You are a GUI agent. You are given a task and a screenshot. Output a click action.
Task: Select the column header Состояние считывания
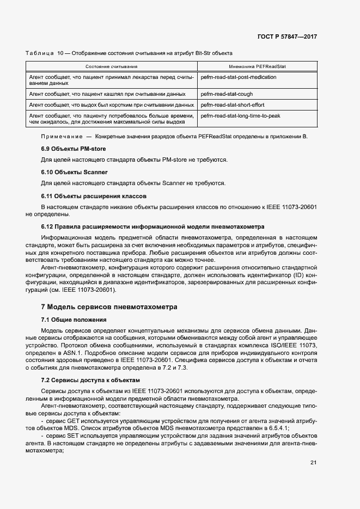point(111,66)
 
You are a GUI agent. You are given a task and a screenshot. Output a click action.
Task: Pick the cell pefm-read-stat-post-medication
point(239,77)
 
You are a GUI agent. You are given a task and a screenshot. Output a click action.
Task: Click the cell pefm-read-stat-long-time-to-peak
point(241,115)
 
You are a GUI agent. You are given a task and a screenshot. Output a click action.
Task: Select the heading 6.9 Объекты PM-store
point(74,149)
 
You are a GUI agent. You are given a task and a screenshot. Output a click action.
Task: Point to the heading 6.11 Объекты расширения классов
point(93,195)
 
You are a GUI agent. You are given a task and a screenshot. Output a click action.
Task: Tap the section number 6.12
point(48,226)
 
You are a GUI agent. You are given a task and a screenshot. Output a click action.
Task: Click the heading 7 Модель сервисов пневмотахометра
point(109,307)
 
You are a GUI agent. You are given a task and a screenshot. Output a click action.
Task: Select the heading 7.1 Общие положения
point(74,320)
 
